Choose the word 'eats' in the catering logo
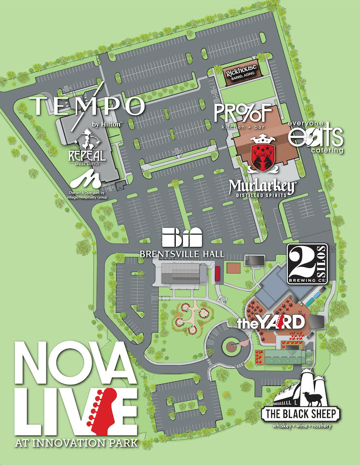[315, 137]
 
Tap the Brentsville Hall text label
[181, 253]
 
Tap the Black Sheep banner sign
[300, 414]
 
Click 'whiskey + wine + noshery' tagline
[300, 425]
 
